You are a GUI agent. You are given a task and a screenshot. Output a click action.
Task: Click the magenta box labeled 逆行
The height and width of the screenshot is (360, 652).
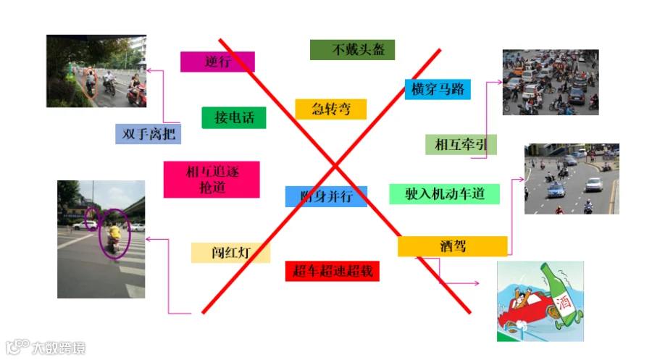(x=217, y=62)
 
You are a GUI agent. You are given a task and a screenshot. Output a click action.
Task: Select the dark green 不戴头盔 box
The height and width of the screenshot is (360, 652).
(x=352, y=50)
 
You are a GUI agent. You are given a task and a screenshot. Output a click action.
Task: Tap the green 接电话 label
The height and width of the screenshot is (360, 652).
(x=234, y=117)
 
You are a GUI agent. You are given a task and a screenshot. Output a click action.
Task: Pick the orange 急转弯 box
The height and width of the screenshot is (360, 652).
(x=330, y=109)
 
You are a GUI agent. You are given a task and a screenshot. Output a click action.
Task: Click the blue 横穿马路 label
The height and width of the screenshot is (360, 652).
(x=437, y=89)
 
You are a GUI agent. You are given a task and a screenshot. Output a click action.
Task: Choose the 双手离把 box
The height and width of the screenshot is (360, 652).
(x=148, y=134)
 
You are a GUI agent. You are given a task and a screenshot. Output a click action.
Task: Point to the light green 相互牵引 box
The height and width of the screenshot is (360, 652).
(x=461, y=145)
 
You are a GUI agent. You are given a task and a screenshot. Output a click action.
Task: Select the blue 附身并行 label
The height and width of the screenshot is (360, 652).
(x=326, y=196)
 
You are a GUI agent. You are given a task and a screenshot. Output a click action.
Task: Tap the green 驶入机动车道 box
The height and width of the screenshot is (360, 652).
(x=444, y=194)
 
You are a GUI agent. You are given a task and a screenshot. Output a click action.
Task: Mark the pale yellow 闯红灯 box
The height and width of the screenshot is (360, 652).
(x=230, y=253)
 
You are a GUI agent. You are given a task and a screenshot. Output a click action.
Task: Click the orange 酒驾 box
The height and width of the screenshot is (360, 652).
(x=452, y=246)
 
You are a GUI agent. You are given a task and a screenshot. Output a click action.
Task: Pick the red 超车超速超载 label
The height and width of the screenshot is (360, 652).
(x=333, y=272)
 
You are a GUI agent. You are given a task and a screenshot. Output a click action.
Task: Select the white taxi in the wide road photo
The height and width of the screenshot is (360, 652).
(x=556, y=190)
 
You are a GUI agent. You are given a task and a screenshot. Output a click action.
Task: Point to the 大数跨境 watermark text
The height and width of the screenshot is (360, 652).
(x=58, y=348)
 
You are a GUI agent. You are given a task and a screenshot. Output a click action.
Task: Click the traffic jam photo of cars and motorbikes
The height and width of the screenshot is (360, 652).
(x=551, y=83)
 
